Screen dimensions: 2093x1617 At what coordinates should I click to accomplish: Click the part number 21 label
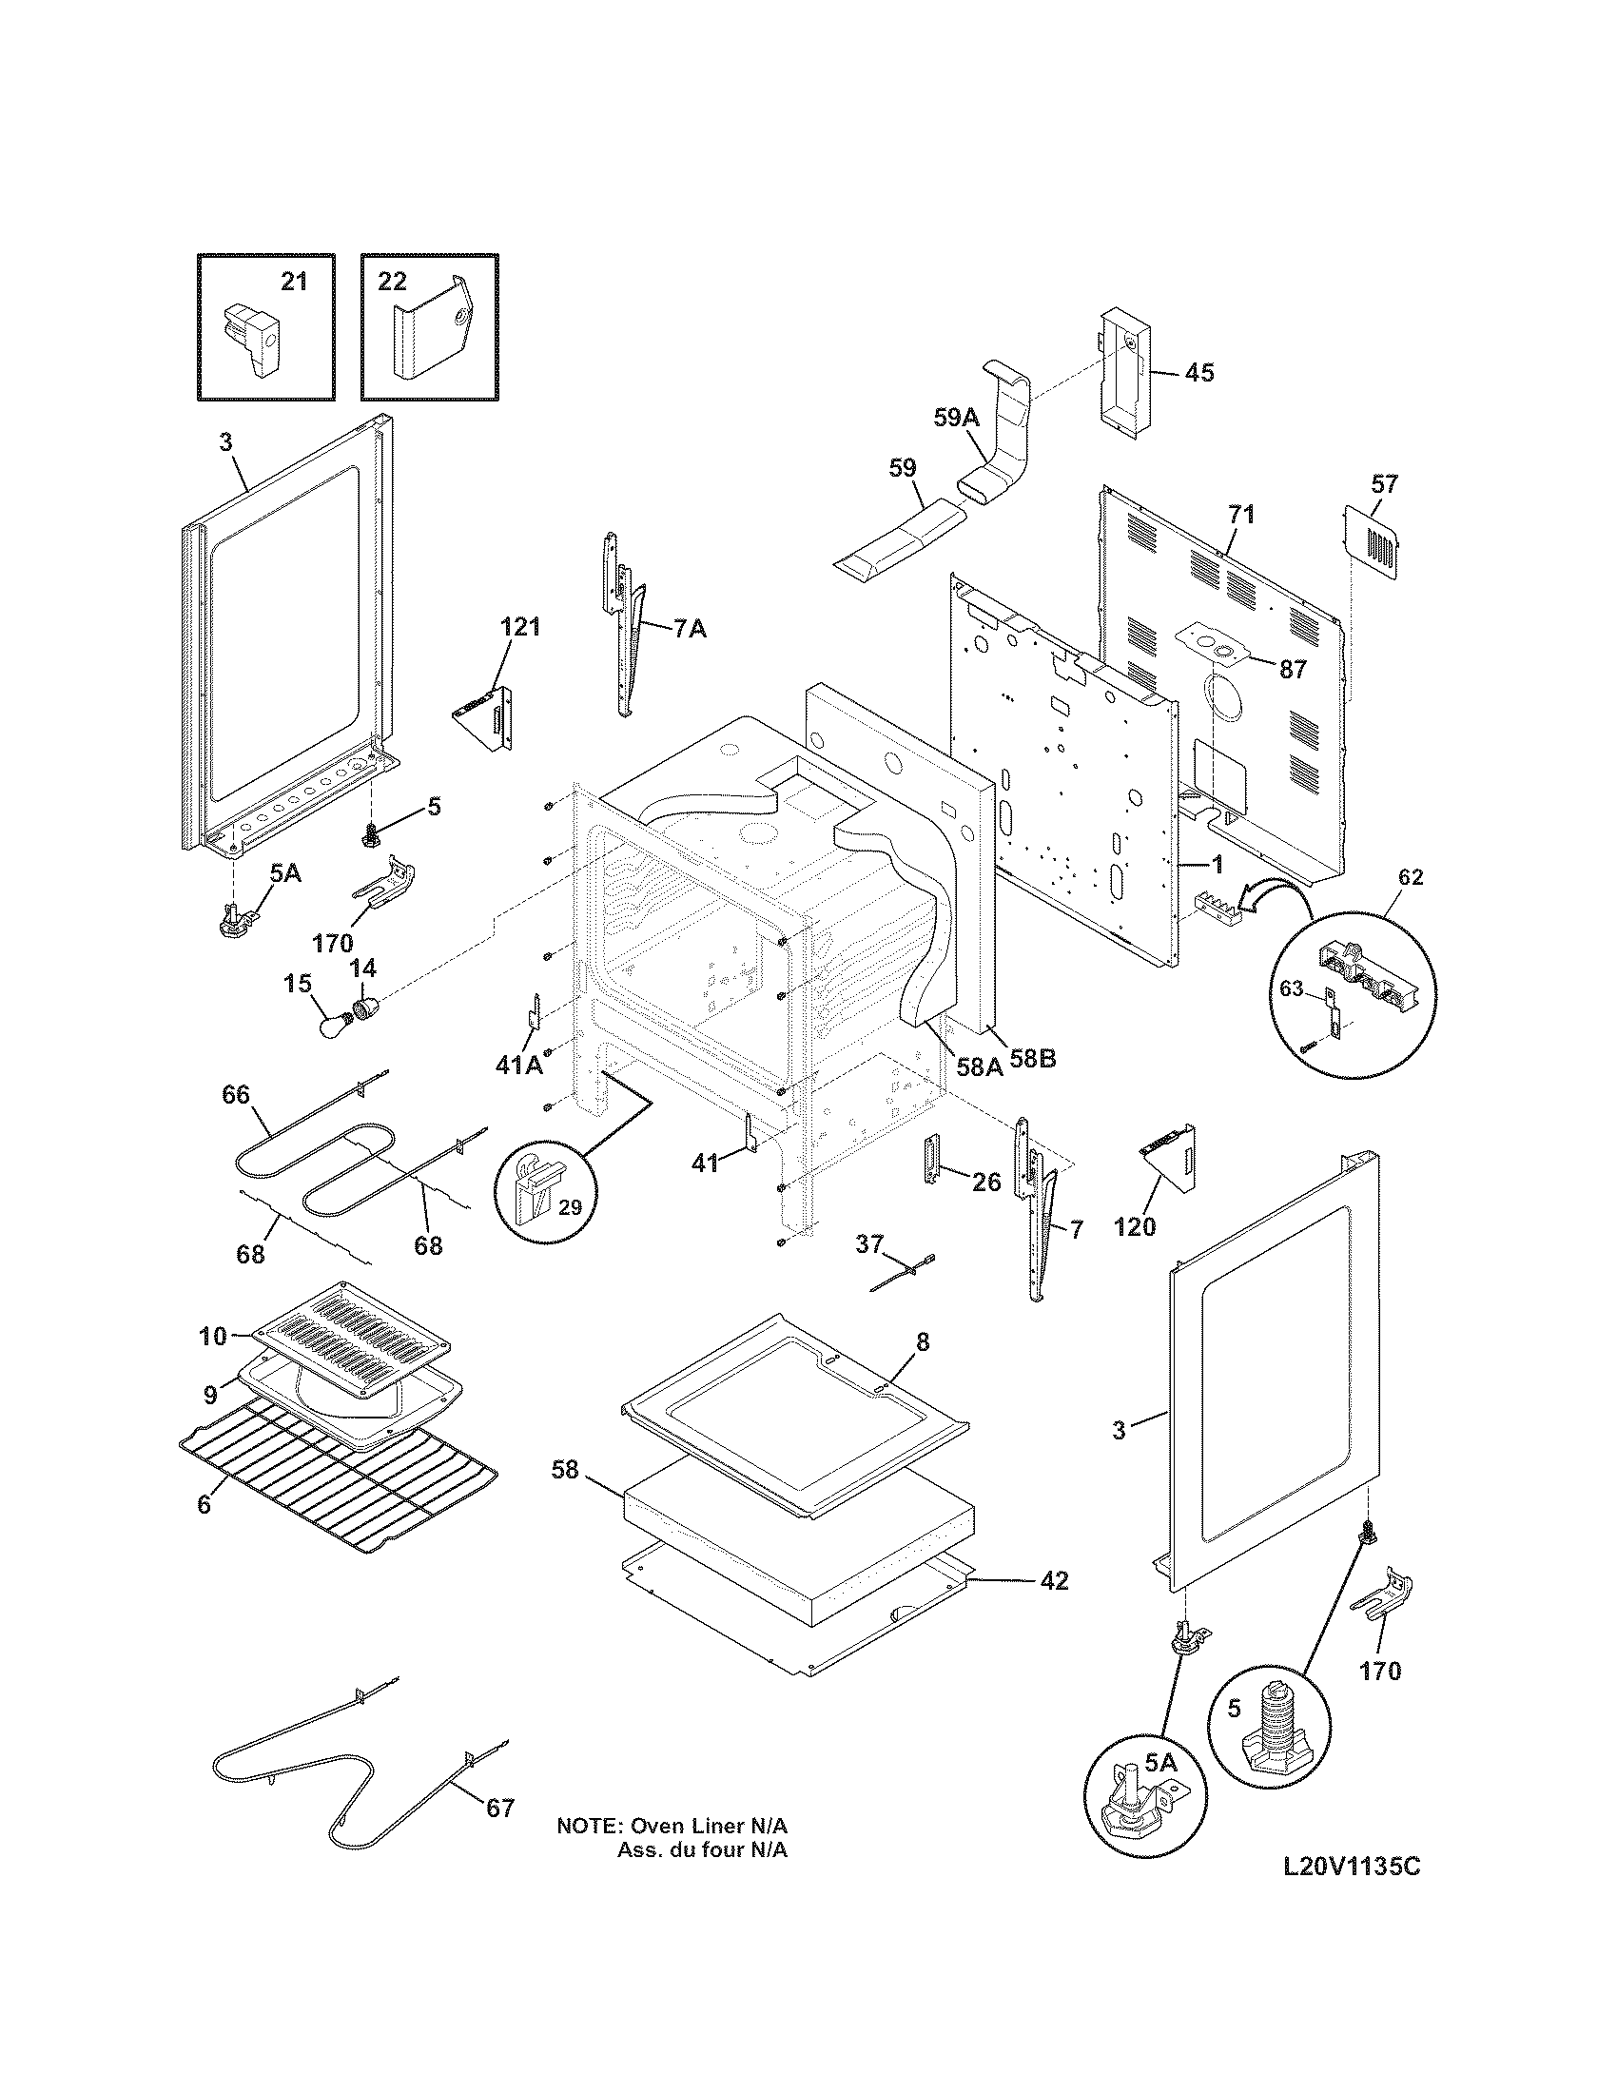[x=294, y=281]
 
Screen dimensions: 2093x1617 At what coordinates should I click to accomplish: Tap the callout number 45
[x=1198, y=372]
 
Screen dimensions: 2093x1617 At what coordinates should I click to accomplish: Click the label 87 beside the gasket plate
[x=1293, y=670]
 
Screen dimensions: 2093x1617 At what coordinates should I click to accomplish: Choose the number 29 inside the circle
[x=570, y=1207]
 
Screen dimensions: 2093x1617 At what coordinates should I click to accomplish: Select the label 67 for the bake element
[x=500, y=1809]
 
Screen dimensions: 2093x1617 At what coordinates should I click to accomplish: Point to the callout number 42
[x=1054, y=1580]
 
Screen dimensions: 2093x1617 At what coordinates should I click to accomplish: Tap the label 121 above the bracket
[x=520, y=628]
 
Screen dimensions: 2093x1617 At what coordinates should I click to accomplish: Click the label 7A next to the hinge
[x=690, y=629]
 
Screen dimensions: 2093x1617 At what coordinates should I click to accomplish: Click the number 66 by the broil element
[x=236, y=1094]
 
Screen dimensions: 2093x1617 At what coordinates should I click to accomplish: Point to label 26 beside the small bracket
[x=985, y=1182]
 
